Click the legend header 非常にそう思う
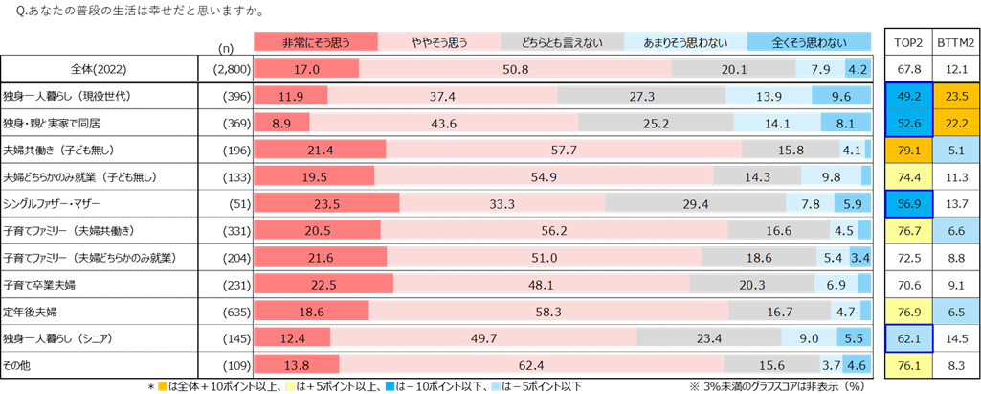click(x=315, y=41)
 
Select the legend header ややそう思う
click(x=439, y=41)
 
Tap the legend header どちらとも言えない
click(x=562, y=41)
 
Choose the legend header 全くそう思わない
click(x=809, y=41)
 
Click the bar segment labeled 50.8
click(x=515, y=69)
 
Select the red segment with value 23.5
click(x=326, y=203)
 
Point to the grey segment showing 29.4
click(x=695, y=203)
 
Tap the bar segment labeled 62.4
click(x=531, y=365)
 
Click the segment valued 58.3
click(x=548, y=312)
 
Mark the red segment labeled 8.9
click(x=281, y=123)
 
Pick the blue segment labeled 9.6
click(x=841, y=96)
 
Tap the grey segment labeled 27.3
click(x=641, y=96)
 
